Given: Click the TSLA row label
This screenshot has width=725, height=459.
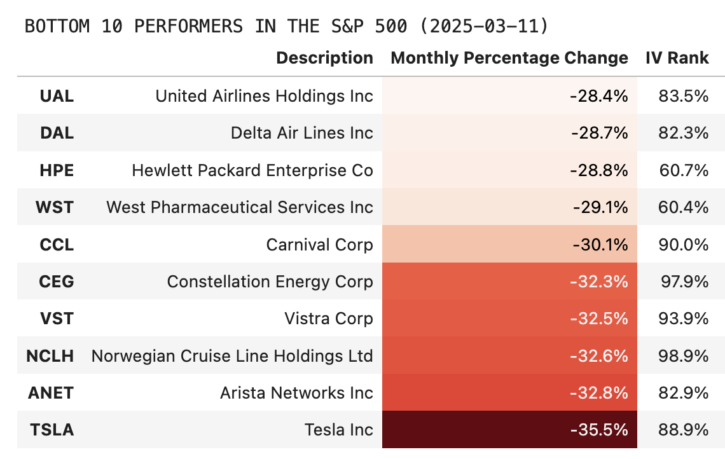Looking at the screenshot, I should pyautogui.click(x=52, y=430).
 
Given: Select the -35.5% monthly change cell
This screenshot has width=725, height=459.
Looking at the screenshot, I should pyautogui.click(x=598, y=430).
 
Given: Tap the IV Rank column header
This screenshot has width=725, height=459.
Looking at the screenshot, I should pyautogui.click(x=677, y=58).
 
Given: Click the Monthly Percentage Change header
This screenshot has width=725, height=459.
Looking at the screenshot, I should pyautogui.click(x=509, y=58).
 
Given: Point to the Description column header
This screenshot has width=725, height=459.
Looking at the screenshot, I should pyautogui.click(x=324, y=58).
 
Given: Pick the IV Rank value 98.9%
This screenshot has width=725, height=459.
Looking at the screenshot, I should pyautogui.click(x=684, y=355).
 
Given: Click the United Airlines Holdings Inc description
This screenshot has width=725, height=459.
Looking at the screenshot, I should pyautogui.click(x=264, y=96).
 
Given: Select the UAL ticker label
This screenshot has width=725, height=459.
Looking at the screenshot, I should pyautogui.click(x=56, y=96).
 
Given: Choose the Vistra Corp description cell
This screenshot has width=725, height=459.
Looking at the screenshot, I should pyautogui.click(x=328, y=319).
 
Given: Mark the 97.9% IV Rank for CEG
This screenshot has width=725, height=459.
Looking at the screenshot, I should pyautogui.click(x=684, y=281).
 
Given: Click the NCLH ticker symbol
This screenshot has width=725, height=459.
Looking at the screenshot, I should pyautogui.click(x=50, y=355).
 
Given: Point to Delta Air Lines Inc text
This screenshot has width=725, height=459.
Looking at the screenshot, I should pyautogui.click(x=301, y=133).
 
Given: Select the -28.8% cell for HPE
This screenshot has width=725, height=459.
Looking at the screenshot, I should pyautogui.click(x=598, y=170).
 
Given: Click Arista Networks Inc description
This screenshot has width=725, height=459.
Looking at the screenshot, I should pyautogui.click(x=296, y=393).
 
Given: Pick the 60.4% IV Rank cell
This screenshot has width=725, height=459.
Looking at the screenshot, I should pyautogui.click(x=684, y=207).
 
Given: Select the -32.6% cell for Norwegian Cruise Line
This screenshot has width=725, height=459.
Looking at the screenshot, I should pyautogui.click(x=598, y=355).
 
